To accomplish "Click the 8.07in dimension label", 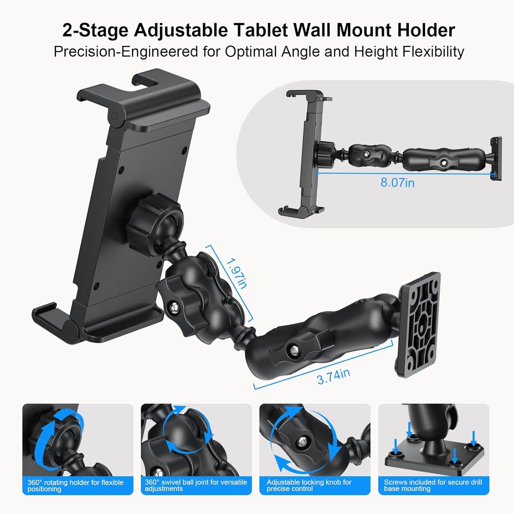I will coord(397,182).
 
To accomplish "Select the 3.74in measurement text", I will coord(333,376).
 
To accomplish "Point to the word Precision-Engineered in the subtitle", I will coord(126,52).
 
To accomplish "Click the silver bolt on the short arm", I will coord(174,307).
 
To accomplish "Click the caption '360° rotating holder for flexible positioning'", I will coord(75,486).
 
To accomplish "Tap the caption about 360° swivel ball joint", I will coord(196,485).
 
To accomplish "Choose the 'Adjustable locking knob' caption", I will coord(309,485).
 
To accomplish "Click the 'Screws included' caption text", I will coord(433,485).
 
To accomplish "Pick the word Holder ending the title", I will coord(426,30).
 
